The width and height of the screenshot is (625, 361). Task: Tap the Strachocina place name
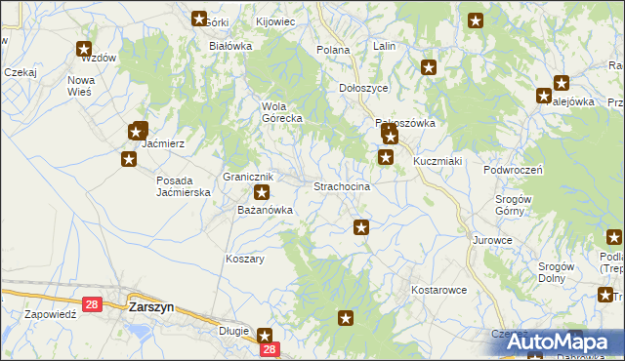coord(341,185)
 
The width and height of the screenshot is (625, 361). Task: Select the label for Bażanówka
coord(266,210)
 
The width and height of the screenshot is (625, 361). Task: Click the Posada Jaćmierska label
coord(185,186)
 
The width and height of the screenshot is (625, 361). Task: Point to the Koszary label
coord(245,260)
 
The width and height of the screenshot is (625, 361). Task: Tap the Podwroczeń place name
coord(513,169)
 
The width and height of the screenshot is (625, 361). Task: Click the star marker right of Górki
coord(200,19)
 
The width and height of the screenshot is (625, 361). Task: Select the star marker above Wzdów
coord(84,49)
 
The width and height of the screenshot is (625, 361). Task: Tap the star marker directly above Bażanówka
coord(261,192)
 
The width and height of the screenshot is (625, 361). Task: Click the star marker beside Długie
coord(265,335)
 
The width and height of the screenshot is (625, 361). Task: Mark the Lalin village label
coord(384,46)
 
